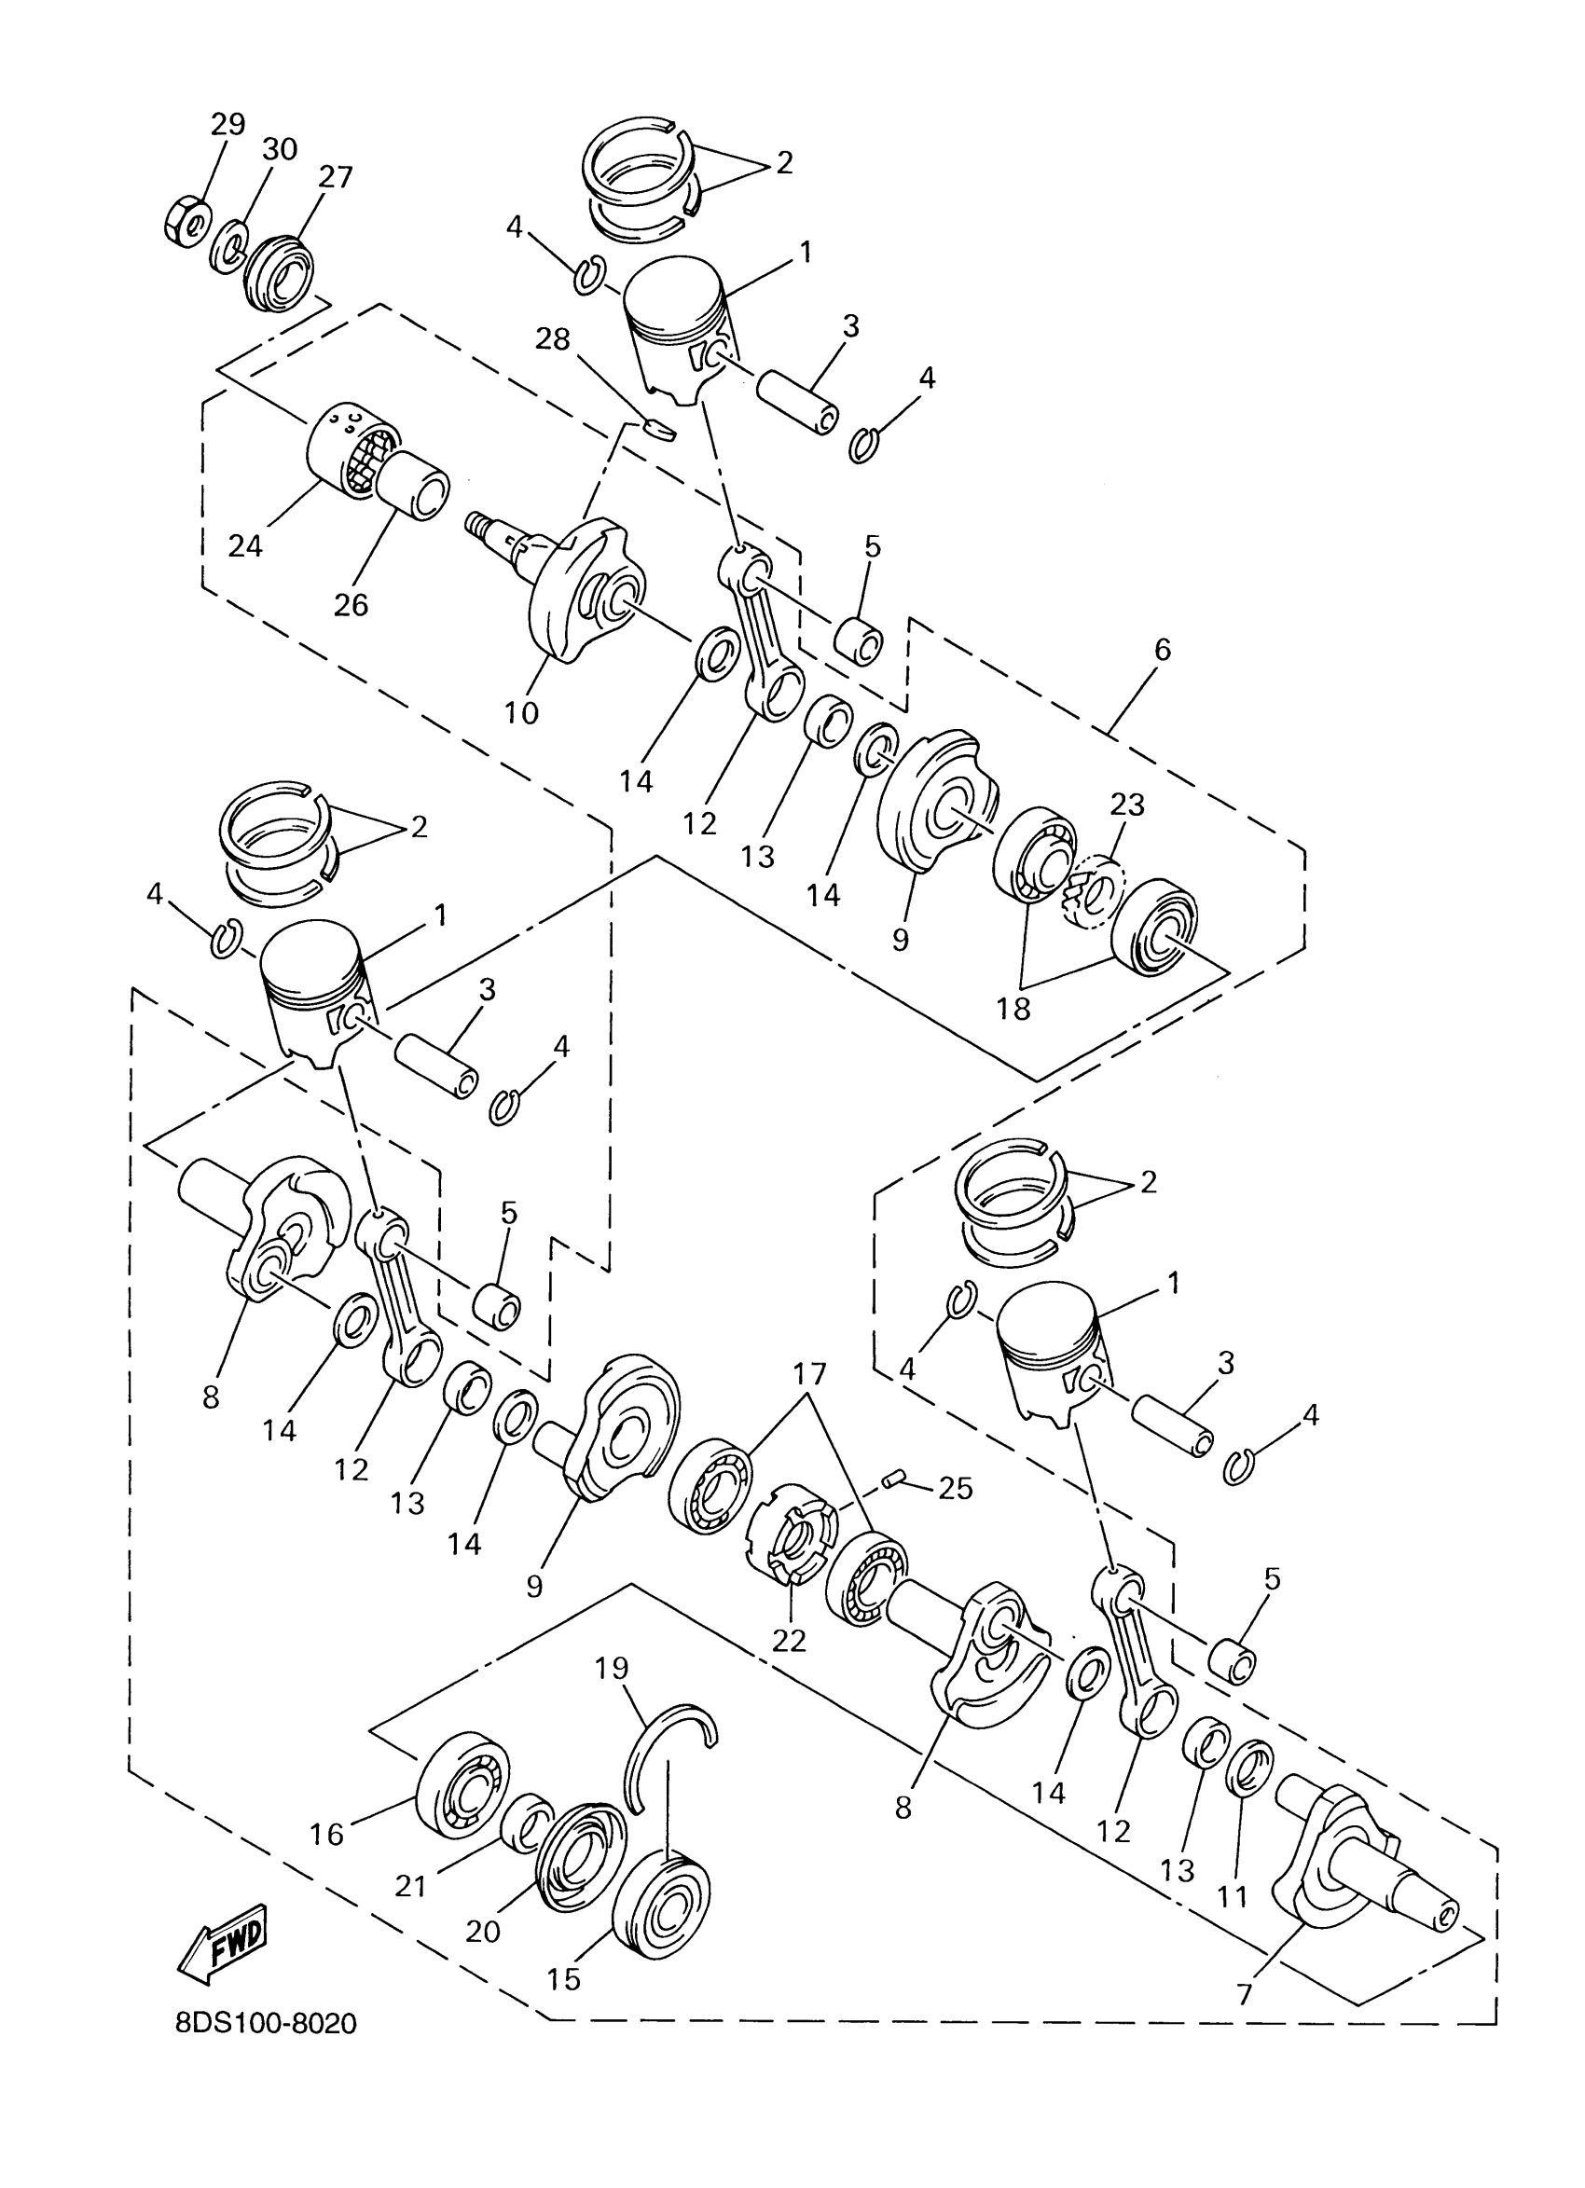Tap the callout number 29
(x=227, y=124)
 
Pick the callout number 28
(x=553, y=338)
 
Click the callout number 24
(x=245, y=546)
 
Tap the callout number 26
(x=351, y=605)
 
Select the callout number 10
(x=521, y=713)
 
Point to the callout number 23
(x=1127, y=804)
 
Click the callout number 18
(x=1013, y=1008)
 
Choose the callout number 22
(x=788, y=1639)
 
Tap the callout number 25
(x=955, y=1489)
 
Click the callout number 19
(x=612, y=1667)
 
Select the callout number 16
(x=327, y=1834)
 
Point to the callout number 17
(x=810, y=1373)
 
